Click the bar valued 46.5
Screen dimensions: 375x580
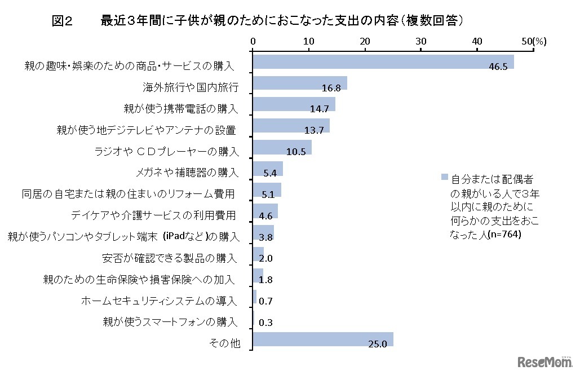(x=383, y=61)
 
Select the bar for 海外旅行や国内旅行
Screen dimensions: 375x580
(x=300, y=83)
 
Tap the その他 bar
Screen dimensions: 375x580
(x=323, y=339)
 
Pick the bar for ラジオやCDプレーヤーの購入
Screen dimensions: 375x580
(x=282, y=147)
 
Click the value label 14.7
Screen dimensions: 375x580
(x=320, y=109)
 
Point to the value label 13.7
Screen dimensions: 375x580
(x=314, y=130)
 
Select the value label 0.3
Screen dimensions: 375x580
(x=266, y=323)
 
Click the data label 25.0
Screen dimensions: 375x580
(x=378, y=344)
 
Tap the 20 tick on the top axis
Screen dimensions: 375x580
(x=365, y=41)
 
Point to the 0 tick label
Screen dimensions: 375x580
(x=253, y=41)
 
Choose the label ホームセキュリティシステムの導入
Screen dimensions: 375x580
(x=160, y=301)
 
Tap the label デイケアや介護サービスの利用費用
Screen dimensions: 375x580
(x=153, y=215)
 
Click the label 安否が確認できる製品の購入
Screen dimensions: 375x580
(x=170, y=258)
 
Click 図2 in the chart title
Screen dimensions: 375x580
(x=63, y=21)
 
